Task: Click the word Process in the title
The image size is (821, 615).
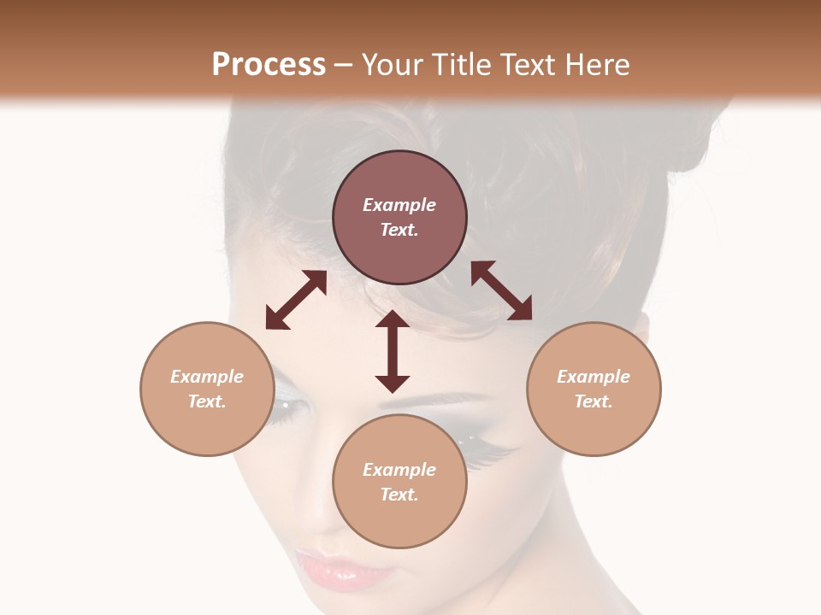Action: (269, 65)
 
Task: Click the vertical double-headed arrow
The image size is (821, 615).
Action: (393, 352)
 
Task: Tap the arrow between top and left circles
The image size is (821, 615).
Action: (296, 300)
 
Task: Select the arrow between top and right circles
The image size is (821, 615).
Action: (501, 290)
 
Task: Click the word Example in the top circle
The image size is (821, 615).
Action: (399, 205)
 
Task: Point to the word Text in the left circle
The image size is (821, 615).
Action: (207, 401)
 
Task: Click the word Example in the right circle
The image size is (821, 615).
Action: (594, 377)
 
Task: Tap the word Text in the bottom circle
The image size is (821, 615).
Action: (399, 495)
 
